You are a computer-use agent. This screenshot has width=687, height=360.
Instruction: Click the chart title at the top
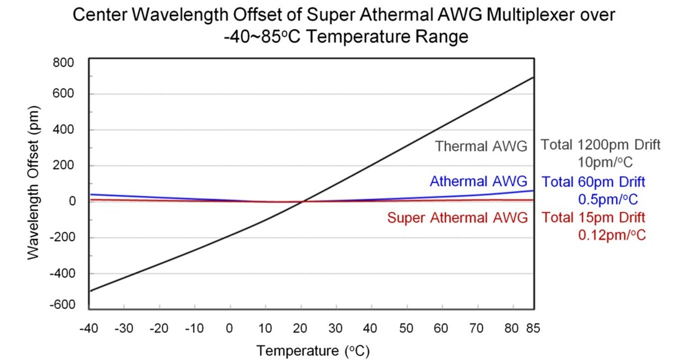tap(343, 26)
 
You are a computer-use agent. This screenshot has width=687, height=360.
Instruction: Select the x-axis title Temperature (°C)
tap(313, 351)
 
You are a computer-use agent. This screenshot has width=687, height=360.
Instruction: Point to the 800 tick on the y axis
tap(63, 62)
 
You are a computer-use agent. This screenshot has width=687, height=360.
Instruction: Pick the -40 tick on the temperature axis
tap(89, 328)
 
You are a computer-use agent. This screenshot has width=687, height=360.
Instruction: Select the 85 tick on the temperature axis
tap(533, 328)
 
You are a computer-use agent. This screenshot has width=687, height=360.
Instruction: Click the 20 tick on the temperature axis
tap(301, 328)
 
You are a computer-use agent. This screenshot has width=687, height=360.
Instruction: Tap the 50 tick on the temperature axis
tap(407, 328)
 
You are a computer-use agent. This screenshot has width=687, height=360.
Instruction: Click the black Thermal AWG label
tap(481, 146)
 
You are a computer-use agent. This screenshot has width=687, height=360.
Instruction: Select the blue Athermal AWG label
tap(478, 182)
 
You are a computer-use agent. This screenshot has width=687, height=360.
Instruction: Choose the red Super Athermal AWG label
tap(457, 218)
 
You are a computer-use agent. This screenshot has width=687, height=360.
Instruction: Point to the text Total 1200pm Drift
tap(600, 145)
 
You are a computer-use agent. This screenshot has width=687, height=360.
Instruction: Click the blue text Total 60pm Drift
tap(594, 182)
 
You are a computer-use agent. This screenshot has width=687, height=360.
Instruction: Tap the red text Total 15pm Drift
tap(594, 218)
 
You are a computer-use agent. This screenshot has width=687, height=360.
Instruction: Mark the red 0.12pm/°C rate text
tap(611, 235)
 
